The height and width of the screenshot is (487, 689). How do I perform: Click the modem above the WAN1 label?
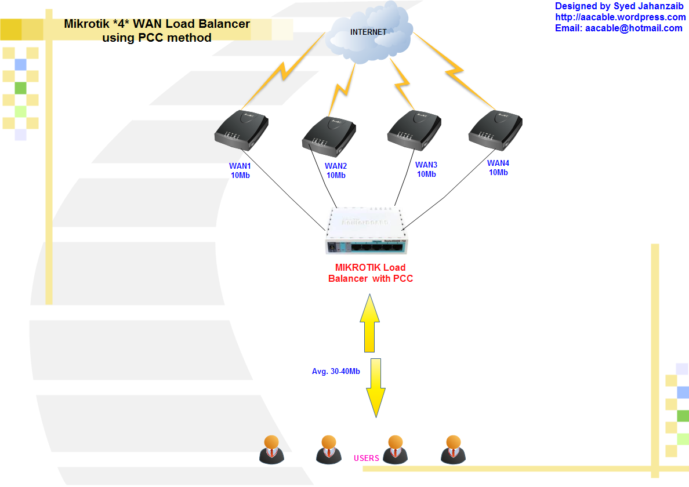(x=241, y=130)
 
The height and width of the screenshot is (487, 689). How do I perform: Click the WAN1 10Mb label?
(x=240, y=170)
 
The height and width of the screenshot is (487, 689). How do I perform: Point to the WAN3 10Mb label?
(x=426, y=169)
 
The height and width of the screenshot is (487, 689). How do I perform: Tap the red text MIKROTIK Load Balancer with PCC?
(x=371, y=273)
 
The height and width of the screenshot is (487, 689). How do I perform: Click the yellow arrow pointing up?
(x=369, y=324)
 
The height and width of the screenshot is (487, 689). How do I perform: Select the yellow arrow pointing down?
(x=376, y=387)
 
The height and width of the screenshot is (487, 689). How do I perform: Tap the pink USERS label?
(x=367, y=458)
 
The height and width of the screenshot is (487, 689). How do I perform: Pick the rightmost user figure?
(x=452, y=449)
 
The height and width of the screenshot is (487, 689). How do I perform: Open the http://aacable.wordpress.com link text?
(x=620, y=17)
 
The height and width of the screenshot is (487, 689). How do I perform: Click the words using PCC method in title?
(x=157, y=38)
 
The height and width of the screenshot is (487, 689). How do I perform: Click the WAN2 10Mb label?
(x=336, y=170)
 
